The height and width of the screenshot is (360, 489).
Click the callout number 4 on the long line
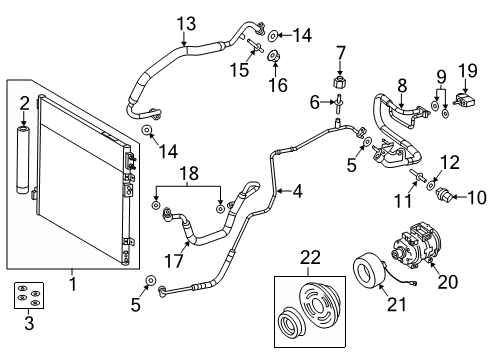click(x=298, y=190)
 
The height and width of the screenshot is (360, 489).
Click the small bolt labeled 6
click(x=342, y=102)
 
